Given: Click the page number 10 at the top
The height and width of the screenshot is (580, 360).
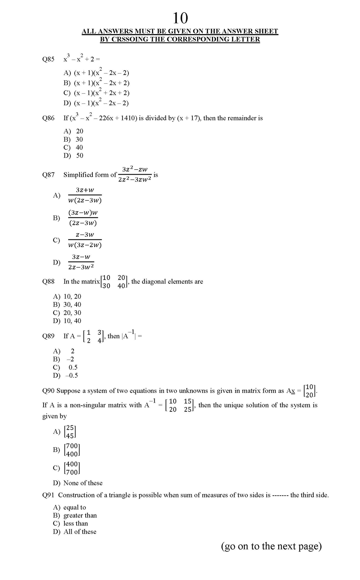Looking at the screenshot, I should pyautogui.click(x=180, y=18).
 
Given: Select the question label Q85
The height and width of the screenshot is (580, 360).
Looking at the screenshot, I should pyautogui.click(x=48, y=59).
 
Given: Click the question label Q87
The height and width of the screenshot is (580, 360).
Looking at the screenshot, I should pyautogui.click(x=48, y=175).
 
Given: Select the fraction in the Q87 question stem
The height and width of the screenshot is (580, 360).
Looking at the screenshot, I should pyautogui.click(x=135, y=174).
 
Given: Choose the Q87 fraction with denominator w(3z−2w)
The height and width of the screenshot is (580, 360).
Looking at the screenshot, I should pyautogui.click(x=85, y=240).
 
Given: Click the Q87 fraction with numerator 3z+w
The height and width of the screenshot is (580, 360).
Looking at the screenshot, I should pyautogui.click(x=85, y=195).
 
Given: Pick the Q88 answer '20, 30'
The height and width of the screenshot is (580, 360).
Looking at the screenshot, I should pyautogui.click(x=72, y=313).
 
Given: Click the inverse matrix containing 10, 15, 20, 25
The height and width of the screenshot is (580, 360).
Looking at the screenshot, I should pyautogui.click(x=180, y=405).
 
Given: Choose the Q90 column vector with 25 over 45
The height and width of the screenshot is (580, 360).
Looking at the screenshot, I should pyautogui.click(x=70, y=431).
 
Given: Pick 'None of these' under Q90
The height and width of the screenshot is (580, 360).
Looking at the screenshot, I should pyautogui.click(x=83, y=483).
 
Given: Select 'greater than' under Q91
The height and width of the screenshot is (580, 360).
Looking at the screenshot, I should pyautogui.click(x=80, y=515).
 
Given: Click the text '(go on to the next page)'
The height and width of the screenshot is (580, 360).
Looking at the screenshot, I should pyautogui.click(x=271, y=546).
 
